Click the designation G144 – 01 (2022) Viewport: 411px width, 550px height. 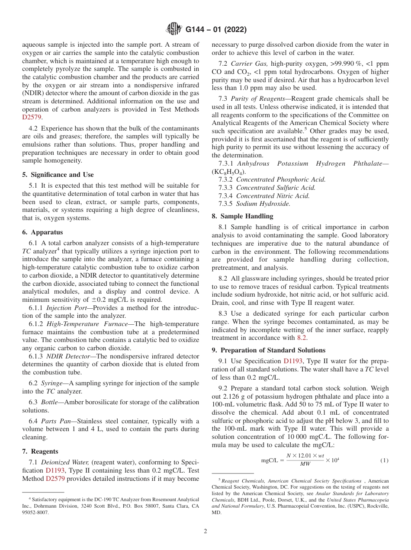(216, 30)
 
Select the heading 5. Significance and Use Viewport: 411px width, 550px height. (58, 175)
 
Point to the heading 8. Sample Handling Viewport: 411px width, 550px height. (242, 216)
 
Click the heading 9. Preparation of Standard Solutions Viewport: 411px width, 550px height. (268, 350)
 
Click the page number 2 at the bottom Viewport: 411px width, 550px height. (205, 531)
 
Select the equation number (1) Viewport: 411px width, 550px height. (384, 460)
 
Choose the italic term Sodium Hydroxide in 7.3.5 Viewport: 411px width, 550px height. (263, 204)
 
